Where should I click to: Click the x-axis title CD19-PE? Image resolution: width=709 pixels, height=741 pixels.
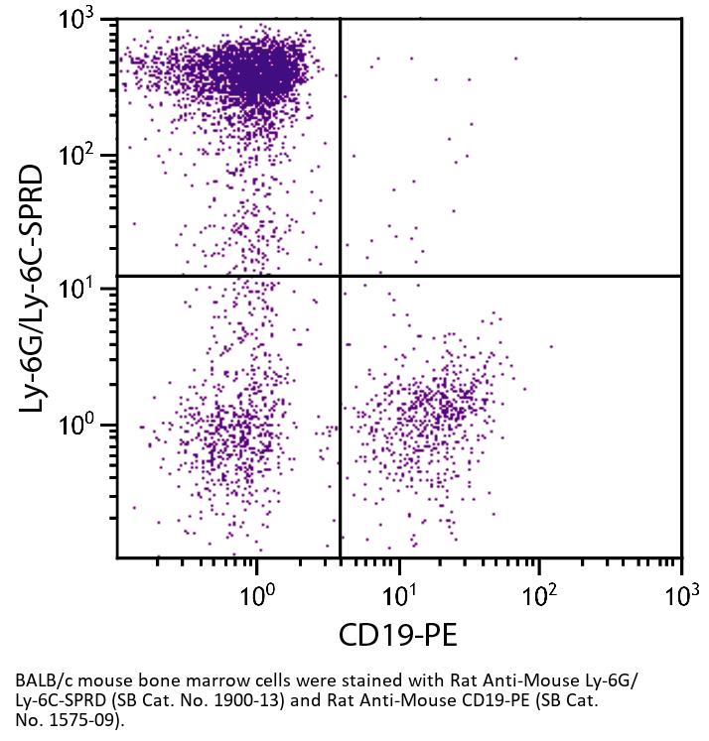(399, 634)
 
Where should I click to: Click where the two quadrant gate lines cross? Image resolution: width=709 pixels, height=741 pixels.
(341, 276)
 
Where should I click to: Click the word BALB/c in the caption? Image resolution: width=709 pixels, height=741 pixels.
(41, 683)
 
